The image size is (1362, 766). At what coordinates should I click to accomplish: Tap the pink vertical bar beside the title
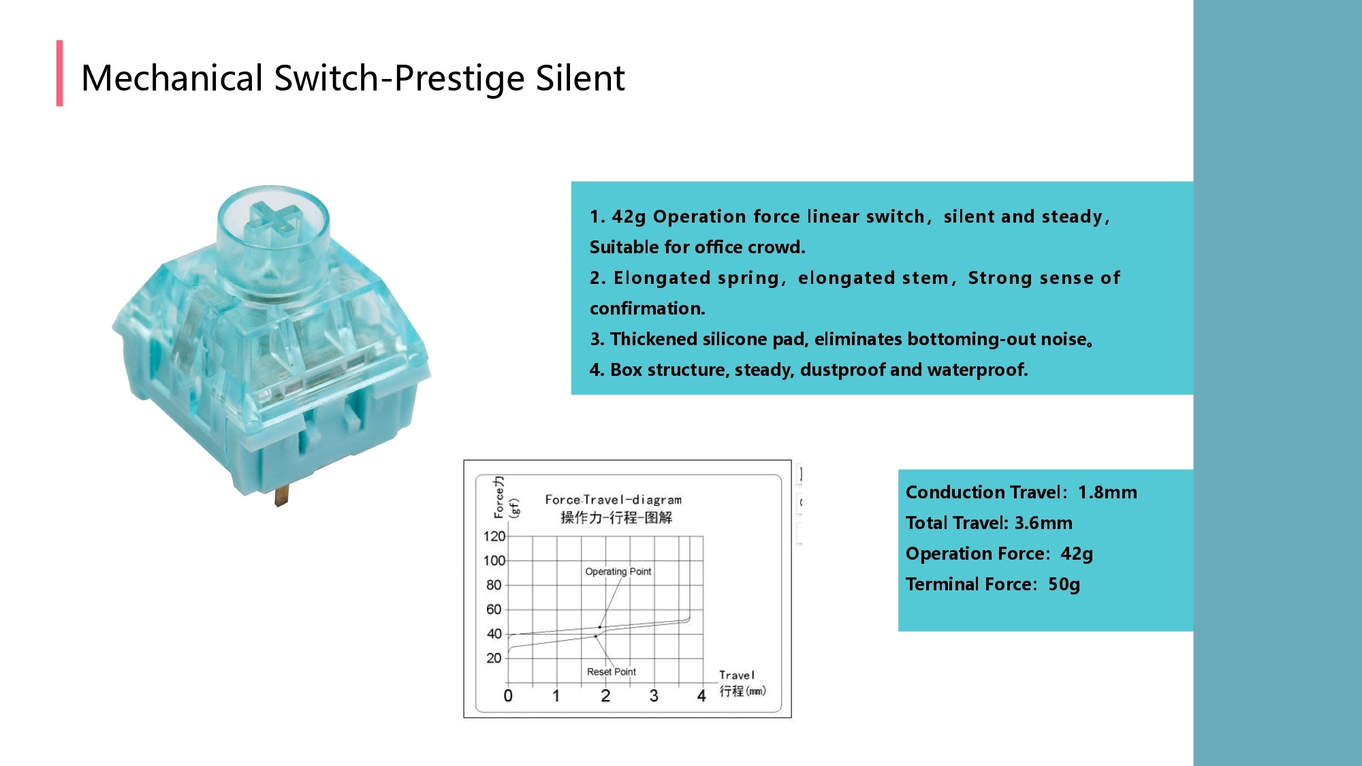60,74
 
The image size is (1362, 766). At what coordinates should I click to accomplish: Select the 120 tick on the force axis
494,537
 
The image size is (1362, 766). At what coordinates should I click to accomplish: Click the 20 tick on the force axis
494,658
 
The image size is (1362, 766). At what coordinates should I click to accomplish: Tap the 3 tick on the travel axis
654,696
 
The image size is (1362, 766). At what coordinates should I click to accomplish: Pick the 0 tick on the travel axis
508,696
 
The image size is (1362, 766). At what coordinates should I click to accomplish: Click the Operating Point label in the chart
618,572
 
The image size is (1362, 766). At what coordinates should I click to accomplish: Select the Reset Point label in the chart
611,672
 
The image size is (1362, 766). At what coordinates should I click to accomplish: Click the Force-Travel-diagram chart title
613,500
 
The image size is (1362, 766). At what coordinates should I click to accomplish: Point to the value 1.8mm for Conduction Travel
1107,492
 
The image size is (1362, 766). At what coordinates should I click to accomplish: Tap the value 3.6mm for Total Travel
1043,523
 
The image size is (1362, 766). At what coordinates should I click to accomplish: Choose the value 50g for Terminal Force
1064,584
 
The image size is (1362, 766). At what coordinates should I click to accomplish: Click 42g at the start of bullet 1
629,217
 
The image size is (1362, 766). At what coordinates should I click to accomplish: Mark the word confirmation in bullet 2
647,308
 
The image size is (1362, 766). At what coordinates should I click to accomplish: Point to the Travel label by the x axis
737,675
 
